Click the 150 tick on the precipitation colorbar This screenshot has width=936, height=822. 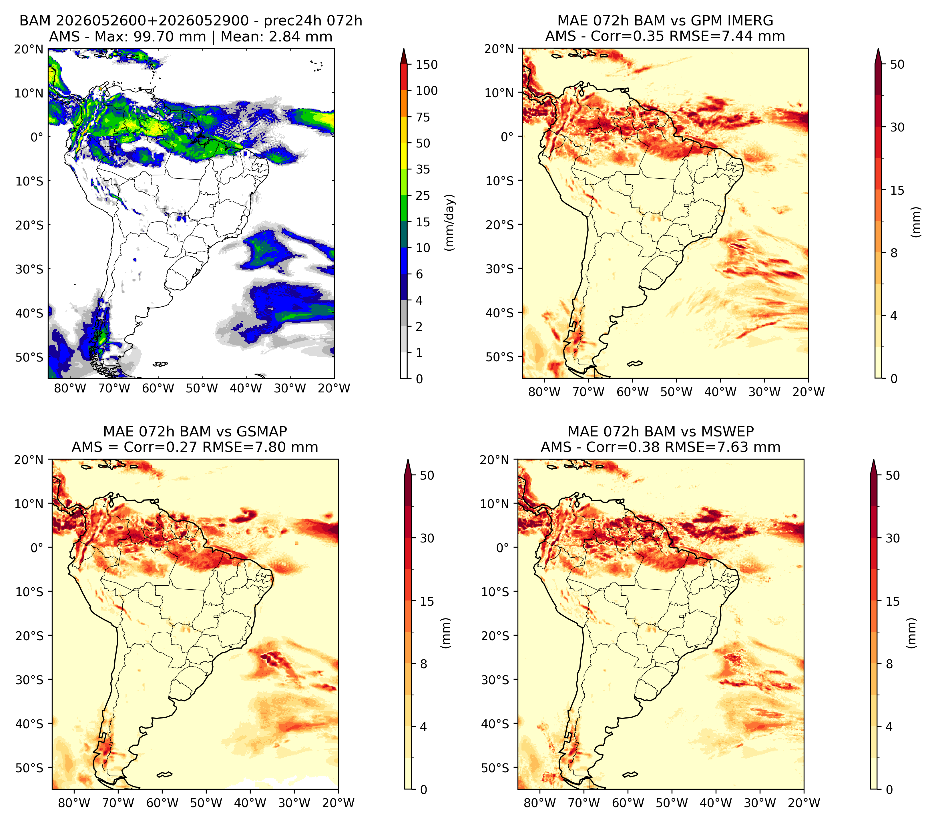coord(426,65)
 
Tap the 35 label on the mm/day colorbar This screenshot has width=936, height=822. coord(423,169)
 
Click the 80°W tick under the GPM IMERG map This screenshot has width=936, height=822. coord(544,392)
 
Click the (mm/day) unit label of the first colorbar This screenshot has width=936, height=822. coord(450,222)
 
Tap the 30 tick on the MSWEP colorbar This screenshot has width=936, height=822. coord(893,538)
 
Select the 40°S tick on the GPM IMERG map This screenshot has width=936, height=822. coord(500,313)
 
